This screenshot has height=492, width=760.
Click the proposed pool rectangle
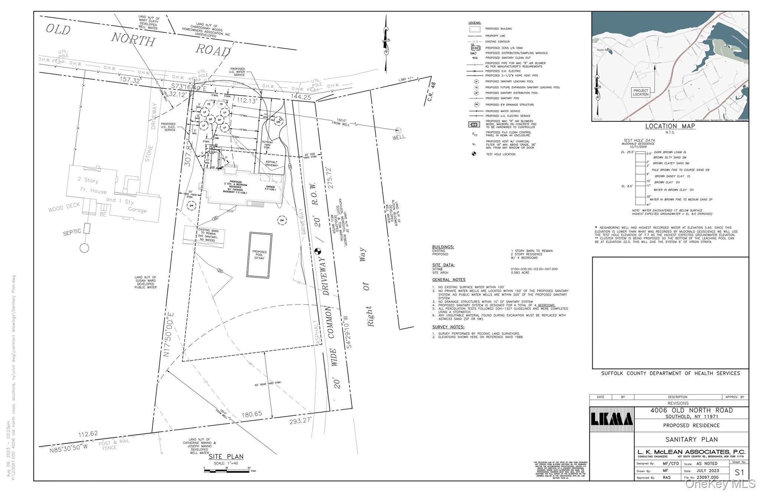(259, 255)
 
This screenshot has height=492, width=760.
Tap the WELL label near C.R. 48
(399, 137)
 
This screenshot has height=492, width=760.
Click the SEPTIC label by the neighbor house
(72, 232)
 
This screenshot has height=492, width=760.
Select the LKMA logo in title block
(612, 419)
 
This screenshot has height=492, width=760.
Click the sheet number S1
(739, 472)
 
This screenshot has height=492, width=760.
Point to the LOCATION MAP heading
(670, 126)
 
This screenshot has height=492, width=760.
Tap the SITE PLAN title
(226, 457)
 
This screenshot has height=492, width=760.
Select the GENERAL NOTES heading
(448, 280)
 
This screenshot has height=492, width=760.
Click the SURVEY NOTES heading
(448, 327)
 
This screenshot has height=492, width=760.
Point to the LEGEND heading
(475, 23)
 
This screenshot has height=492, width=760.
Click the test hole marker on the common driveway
(317, 251)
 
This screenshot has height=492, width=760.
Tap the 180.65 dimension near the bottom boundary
(252, 414)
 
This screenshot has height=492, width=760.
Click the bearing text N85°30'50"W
(69, 447)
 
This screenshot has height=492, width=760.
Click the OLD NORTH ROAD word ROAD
(213, 50)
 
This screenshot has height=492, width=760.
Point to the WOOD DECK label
(64, 207)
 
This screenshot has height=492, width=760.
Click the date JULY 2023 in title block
(708, 470)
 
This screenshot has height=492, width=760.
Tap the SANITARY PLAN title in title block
(691, 439)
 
